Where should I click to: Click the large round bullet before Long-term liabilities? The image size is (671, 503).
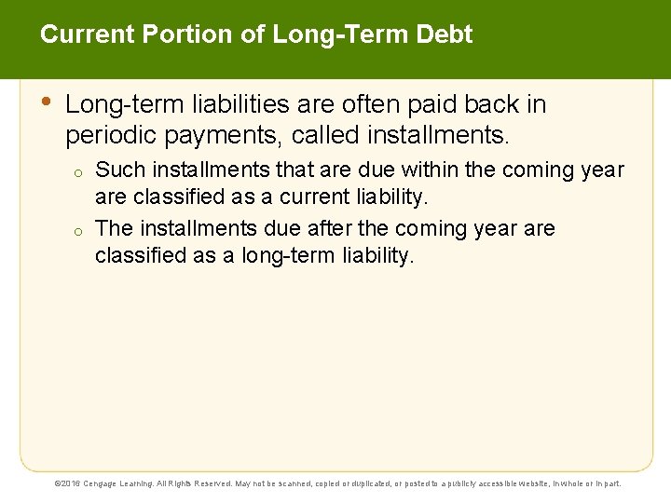point(47,102)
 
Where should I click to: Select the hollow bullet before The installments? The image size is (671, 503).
point(80,230)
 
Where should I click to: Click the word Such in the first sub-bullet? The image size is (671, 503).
point(118,170)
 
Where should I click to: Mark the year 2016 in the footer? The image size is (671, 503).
point(73,483)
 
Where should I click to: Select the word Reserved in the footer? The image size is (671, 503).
point(212,483)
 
